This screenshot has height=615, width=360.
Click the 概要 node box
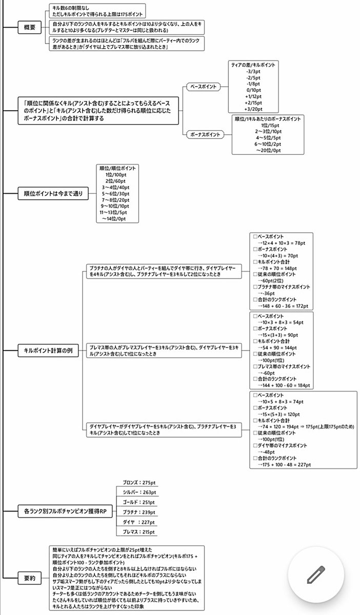click(x=30, y=28)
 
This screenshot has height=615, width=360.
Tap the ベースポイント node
click(x=203, y=87)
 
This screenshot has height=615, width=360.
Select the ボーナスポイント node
click(x=205, y=135)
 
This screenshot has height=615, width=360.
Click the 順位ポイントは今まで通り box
click(x=53, y=194)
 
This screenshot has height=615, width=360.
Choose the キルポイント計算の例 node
click(x=49, y=353)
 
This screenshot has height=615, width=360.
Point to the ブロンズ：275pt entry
click(x=135, y=483)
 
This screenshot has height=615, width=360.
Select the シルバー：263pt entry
click(x=136, y=493)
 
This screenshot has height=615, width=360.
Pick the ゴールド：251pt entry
click(x=136, y=502)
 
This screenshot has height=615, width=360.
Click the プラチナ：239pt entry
click(x=136, y=512)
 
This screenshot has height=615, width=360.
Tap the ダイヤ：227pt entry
click(x=136, y=522)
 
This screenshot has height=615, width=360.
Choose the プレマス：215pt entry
click(x=136, y=532)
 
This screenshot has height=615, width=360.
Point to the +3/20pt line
click(x=253, y=109)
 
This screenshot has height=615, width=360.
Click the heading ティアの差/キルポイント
click(x=253, y=65)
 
